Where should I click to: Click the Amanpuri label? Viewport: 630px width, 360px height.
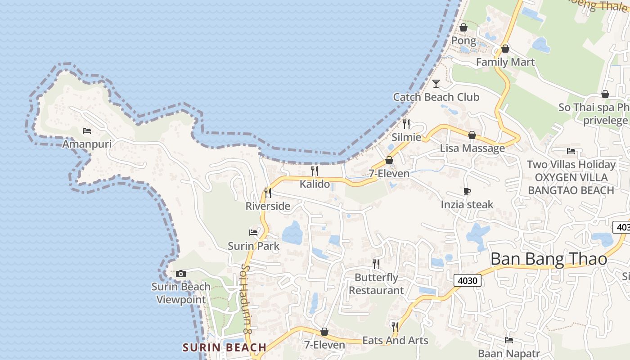[x=86, y=144]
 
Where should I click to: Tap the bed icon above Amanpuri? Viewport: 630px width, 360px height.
[x=87, y=131]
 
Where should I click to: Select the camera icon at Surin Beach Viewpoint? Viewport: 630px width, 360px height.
[x=181, y=274]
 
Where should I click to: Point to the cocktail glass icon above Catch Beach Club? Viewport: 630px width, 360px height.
[x=436, y=84]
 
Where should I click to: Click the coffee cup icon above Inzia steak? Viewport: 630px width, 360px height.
[x=467, y=192]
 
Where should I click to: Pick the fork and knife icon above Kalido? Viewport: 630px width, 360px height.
[x=315, y=171]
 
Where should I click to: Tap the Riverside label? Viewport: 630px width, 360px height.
[x=268, y=206]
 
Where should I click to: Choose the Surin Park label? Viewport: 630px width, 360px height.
[x=253, y=246]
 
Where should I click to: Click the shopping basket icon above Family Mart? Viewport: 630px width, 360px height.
[x=505, y=49]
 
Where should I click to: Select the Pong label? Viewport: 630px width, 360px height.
[x=463, y=40]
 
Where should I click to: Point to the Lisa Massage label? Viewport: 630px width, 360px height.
[x=472, y=148]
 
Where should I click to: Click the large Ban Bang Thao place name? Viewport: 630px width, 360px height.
[x=549, y=259]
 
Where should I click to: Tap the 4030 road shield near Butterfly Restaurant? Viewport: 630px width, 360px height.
[x=468, y=281]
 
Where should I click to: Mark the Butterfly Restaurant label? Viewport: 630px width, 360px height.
[x=376, y=284]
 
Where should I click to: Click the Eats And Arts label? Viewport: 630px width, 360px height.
[x=395, y=341]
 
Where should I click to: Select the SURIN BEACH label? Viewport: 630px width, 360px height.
[x=225, y=347]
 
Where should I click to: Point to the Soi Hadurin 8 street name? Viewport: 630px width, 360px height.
[x=245, y=299]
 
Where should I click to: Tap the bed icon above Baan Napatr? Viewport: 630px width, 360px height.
[x=509, y=340]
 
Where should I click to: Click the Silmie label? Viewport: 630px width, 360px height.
[x=406, y=137]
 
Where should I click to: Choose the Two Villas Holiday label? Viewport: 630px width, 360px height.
[x=571, y=164]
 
